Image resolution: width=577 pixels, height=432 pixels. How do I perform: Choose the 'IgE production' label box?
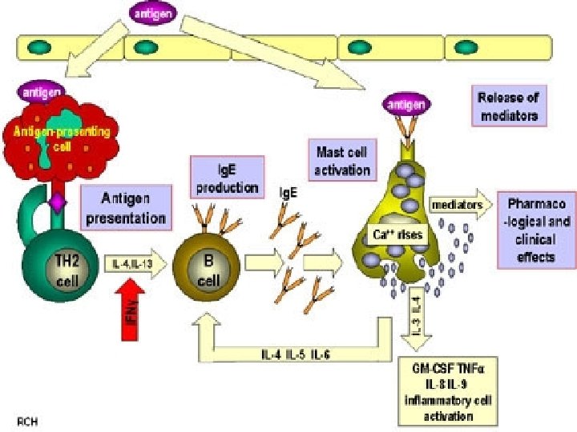coord(227,177)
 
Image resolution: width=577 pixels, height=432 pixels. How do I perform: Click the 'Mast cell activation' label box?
coord(342,159)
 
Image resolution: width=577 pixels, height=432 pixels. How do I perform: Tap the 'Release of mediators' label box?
coord(508,106)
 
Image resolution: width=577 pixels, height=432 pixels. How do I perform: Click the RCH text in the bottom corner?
coord(27,419)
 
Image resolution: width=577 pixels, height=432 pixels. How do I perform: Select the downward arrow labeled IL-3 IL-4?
coord(416,317)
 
